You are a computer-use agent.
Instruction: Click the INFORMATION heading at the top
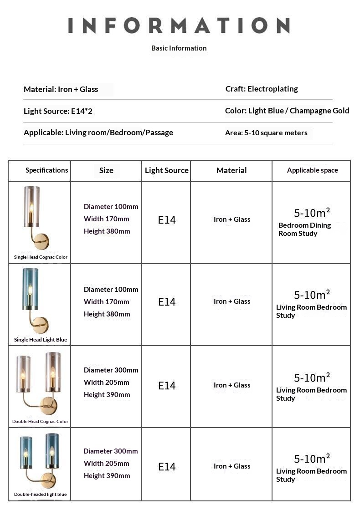point(179,25)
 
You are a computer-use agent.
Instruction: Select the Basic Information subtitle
point(179,48)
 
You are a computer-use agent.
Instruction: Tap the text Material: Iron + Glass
point(61,89)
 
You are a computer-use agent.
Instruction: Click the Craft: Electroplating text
point(262,89)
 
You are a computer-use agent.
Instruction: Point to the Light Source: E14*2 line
point(58,111)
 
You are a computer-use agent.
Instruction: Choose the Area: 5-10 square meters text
point(266,133)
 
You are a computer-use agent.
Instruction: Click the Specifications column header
point(46,170)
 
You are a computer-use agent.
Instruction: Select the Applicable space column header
point(312,170)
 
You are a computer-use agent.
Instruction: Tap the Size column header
point(106,170)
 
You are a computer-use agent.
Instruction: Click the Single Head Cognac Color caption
point(41,257)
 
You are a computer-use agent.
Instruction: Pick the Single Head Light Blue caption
point(41,340)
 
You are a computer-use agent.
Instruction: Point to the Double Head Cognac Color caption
point(40,422)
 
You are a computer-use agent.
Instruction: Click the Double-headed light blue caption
point(40,495)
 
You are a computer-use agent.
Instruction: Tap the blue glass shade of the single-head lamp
point(31,289)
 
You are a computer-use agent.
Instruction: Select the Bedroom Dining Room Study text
point(304,229)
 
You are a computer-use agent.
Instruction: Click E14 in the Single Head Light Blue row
point(167,302)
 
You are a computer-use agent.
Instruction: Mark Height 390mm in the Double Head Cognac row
point(107,395)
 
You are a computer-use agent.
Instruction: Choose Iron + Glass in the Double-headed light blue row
point(232,466)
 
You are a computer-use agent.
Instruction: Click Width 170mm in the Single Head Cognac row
point(106,219)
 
